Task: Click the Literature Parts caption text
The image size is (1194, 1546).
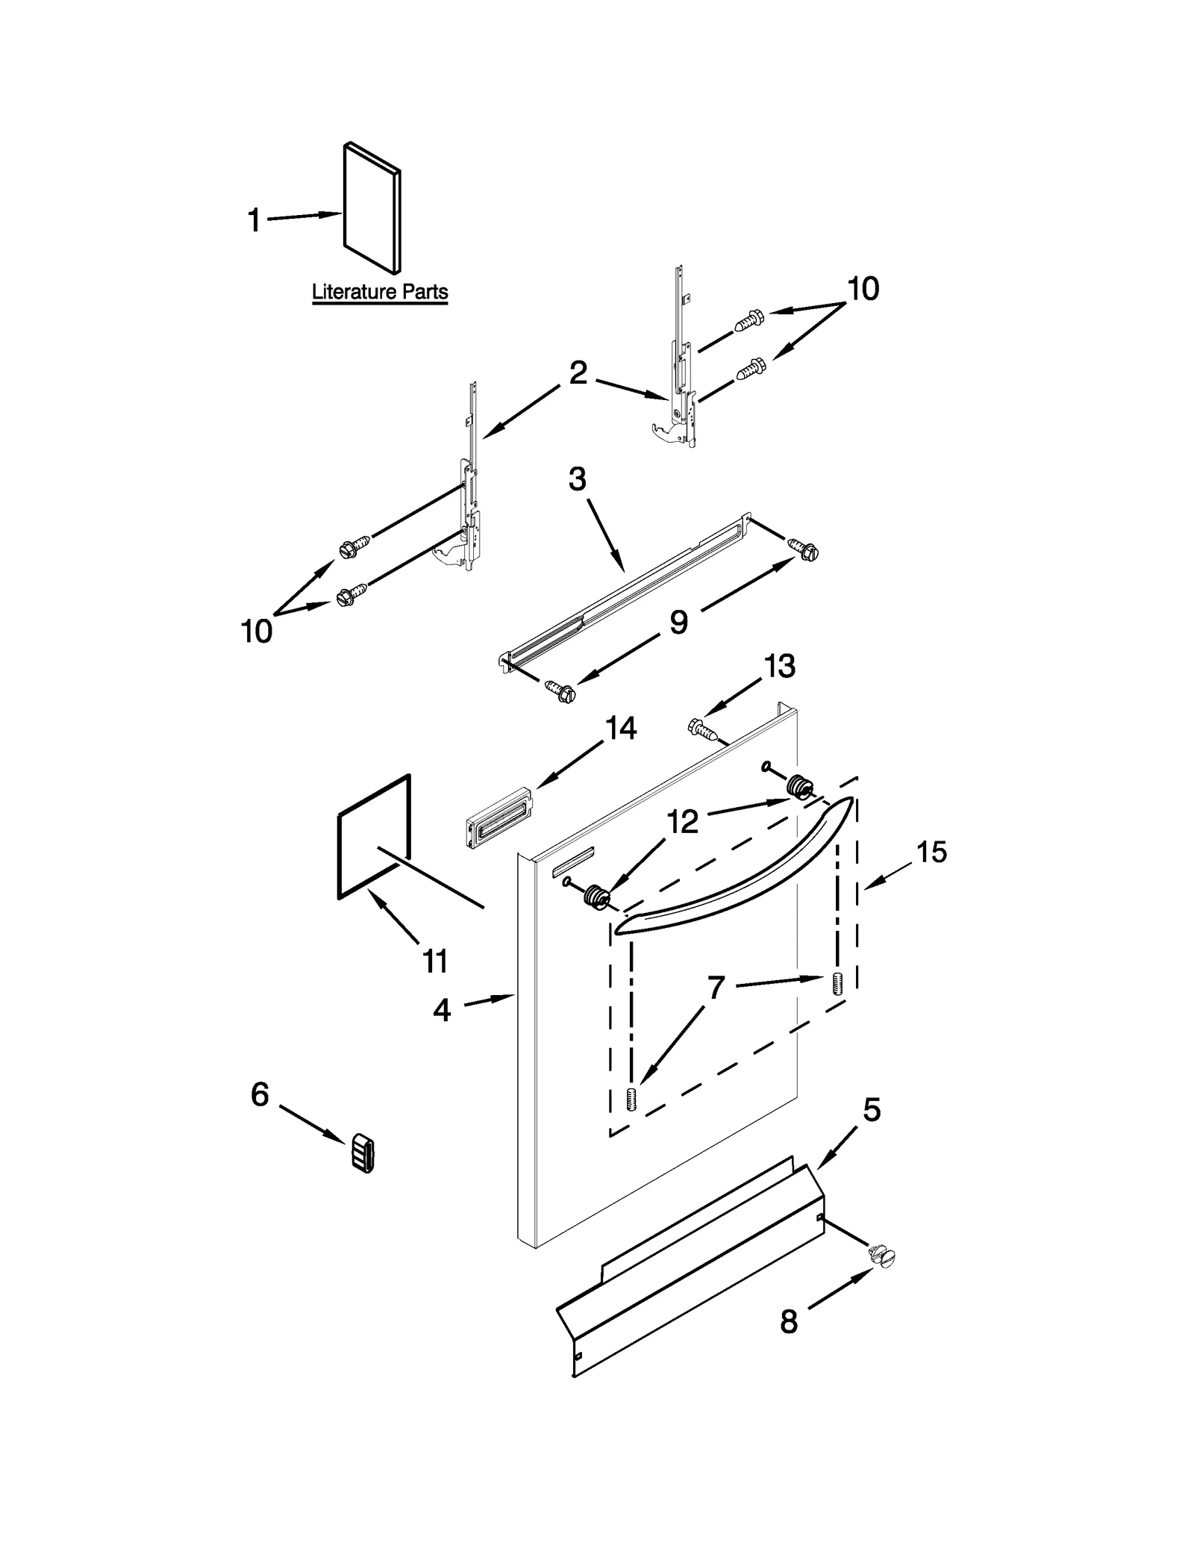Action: click(x=379, y=291)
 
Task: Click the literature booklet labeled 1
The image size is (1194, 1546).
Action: click(x=371, y=208)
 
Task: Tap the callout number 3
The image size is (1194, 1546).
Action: click(x=577, y=479)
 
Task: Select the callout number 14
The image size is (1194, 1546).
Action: click(x=620, y=728)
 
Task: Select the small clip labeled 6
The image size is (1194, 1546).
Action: click(x=363, y=1155)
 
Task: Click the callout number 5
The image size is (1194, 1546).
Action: click(x=872, y=1110)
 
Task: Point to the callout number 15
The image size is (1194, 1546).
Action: click(x=931, y=851)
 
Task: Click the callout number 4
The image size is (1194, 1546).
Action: click(x=442, y=1011)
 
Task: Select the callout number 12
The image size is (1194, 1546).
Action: click(x=682, y=821)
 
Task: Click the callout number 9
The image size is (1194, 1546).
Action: click(x=678, y=621)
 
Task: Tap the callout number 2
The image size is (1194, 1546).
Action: click(x=578, y=373)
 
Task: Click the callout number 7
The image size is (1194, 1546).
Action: click(x=716, y=988)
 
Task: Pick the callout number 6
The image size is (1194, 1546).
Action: click(x=260, y=1095)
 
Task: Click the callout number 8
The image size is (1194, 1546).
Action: click(x=789, y=1322)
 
